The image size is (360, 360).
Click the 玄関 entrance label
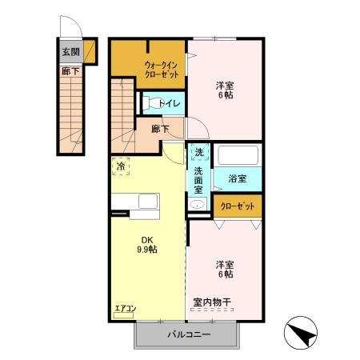click(x=70, y=54)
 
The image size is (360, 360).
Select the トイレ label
click(x=169, y=103)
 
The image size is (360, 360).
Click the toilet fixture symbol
click(x=149, y=102)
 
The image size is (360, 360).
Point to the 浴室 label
click(x=237, y=178)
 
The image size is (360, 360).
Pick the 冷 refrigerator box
click(x=121, y=167)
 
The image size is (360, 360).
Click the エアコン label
click(x=126, y=307)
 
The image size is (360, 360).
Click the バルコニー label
click(x=189, y=334)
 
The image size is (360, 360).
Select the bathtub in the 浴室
click(x=238, y=155)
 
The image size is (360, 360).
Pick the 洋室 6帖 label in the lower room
click(x=224, y=269)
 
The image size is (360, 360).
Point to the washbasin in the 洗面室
click(x=197, y=204)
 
